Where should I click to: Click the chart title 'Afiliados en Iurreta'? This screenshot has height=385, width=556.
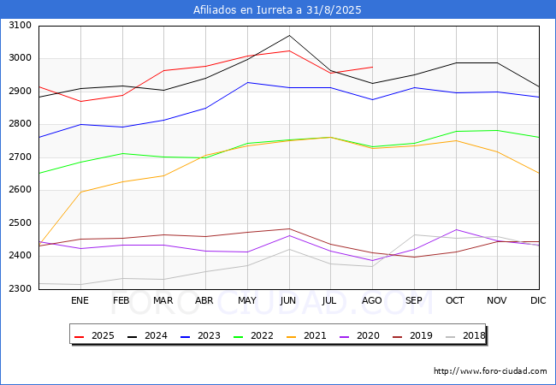pyautogui.click(x=277, y=10)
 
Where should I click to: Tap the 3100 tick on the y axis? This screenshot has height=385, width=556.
pyautogui.click(x=19, y=26)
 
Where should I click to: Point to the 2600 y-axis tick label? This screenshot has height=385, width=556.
pyautogui.click(x=19, y=190)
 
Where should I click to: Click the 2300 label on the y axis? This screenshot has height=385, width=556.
pyautogui.click(x=19, y=289)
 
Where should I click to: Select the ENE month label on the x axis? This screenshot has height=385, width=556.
pyautogui.click(x=80, y=300)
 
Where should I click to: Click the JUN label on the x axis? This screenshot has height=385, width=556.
pyautogui.click(x=289, y=300)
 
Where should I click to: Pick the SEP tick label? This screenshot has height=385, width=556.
pyautogui.click(x=414, y=300)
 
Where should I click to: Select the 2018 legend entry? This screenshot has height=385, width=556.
pyautogui.click(x=465, y=336)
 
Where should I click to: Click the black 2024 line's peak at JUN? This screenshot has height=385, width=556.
pyautogui.click(x=289, y=35)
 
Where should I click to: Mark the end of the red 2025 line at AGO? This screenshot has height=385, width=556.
pyautogui.click(x=372, y=67)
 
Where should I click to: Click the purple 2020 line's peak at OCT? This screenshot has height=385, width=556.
pyautogui.click(x=456, y=229)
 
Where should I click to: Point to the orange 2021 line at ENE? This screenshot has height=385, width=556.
pyautogui.click(x=80, y=192)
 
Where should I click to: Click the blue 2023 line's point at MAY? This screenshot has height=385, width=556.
pyautogui.click(x=247, y=82)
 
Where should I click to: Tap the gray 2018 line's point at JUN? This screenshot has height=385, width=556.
pyautogui.click(x=289, y=249)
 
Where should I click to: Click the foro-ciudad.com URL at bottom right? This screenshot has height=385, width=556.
pyautogui.click(x=490, y=371)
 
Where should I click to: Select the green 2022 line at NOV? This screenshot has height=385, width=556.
pyautogui.click(x=497, y=130)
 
